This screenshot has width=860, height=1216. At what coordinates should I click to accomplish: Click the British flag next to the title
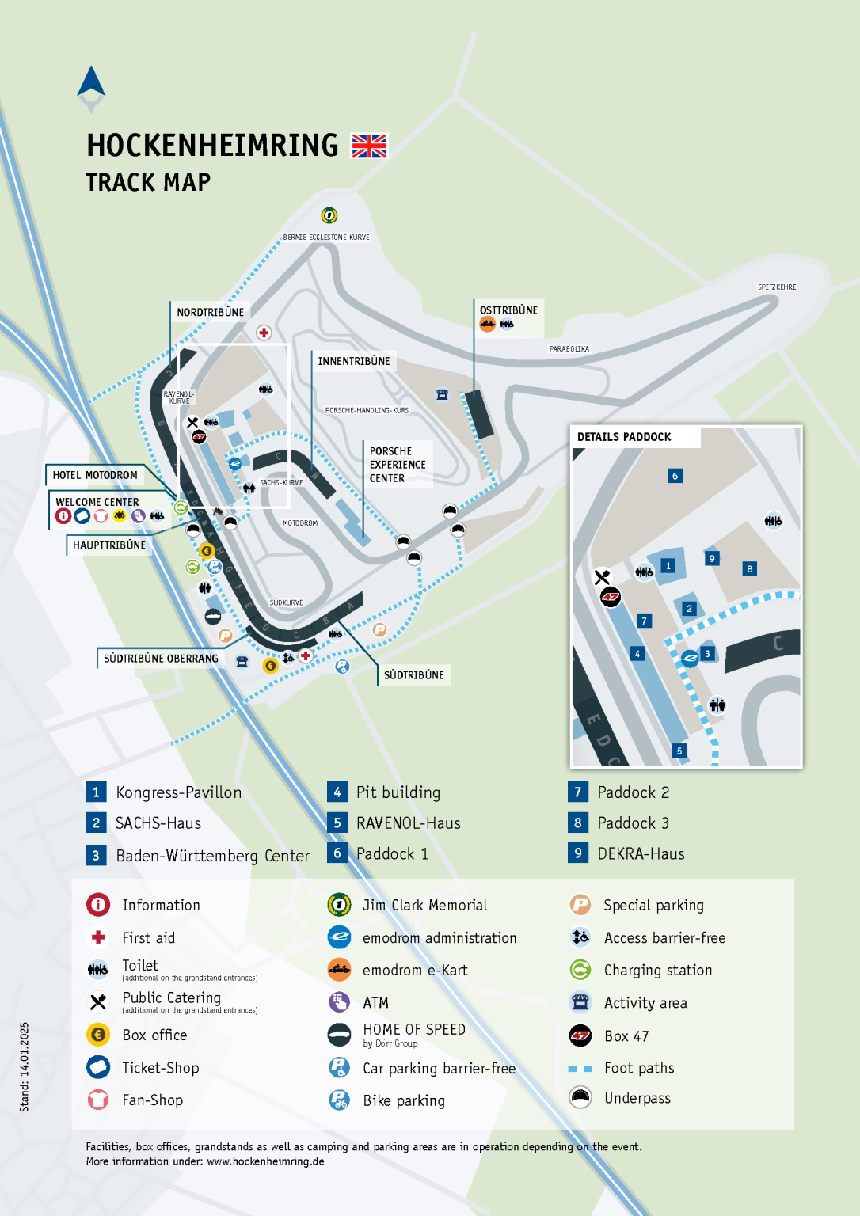tap(369, 146)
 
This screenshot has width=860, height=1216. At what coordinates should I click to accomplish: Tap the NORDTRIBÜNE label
tap(210, 312)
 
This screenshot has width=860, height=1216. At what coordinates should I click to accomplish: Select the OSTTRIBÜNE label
tap(508, 310)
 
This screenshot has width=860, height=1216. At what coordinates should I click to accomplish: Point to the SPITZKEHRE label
tap(777, 287)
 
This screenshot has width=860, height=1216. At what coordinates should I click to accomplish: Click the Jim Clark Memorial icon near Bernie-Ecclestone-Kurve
tap(329, 215)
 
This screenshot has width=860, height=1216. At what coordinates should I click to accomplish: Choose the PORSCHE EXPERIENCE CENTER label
tap(397, 465)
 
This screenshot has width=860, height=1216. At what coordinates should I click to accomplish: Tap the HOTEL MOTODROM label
tap(95, 475)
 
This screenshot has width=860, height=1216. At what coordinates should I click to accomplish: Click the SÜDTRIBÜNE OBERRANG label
tap(161, 659)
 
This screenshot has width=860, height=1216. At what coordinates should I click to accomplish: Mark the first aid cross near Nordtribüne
tap(264, 332)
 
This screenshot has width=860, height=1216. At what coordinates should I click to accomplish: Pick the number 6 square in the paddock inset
tap(675, 476)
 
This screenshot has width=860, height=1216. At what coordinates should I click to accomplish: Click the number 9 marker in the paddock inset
tap(712, 558)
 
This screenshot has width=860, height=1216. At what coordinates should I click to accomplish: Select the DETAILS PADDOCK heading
tap(624, 437)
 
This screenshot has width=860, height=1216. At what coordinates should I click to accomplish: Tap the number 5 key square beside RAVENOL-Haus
tap(337, 823)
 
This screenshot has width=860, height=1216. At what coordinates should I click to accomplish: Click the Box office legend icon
tap(98, 1035)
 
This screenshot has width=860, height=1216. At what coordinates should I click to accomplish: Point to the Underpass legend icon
tap(580, 1098)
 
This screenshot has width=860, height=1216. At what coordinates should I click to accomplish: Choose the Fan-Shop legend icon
tap(98, 1100)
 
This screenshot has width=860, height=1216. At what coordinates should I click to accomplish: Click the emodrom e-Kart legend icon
tap(339, 970)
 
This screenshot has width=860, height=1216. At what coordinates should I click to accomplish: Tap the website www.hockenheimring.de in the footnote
tap(265, 1161)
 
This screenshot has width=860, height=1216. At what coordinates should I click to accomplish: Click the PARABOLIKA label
tap(569, 348)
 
